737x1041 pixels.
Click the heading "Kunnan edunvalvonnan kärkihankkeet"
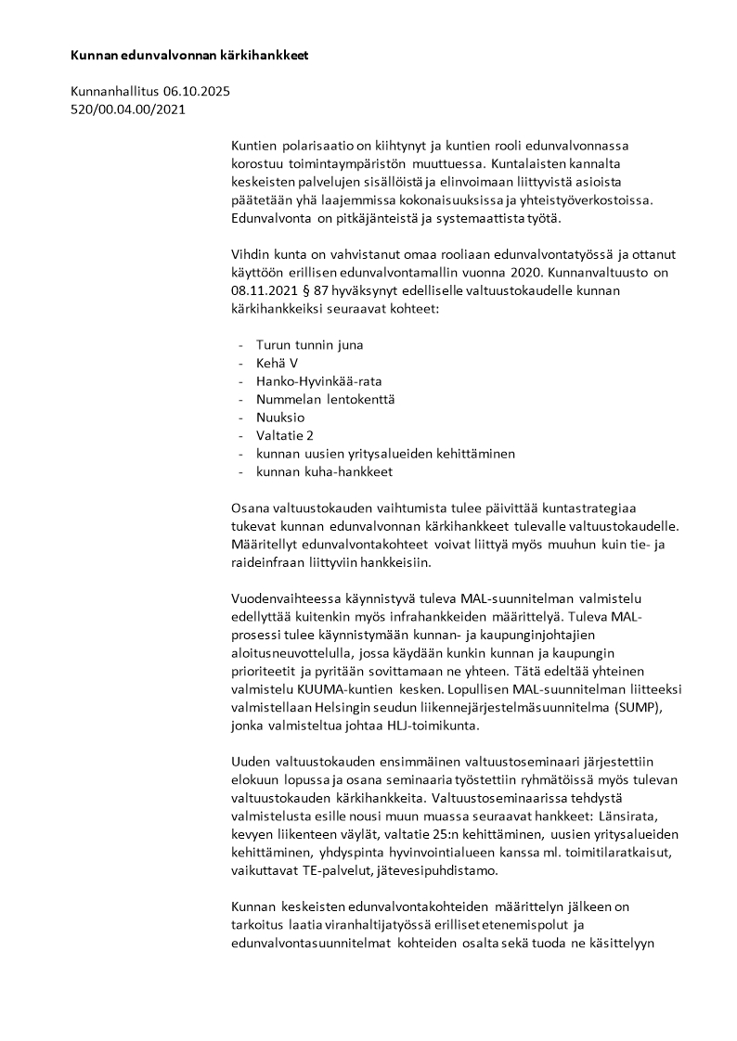(188, 56)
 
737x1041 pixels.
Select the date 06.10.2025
(197, 92)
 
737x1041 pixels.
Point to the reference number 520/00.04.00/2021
(128, 109)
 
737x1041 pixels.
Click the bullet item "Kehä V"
(277, 363)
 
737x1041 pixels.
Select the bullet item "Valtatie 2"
(285, 435)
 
